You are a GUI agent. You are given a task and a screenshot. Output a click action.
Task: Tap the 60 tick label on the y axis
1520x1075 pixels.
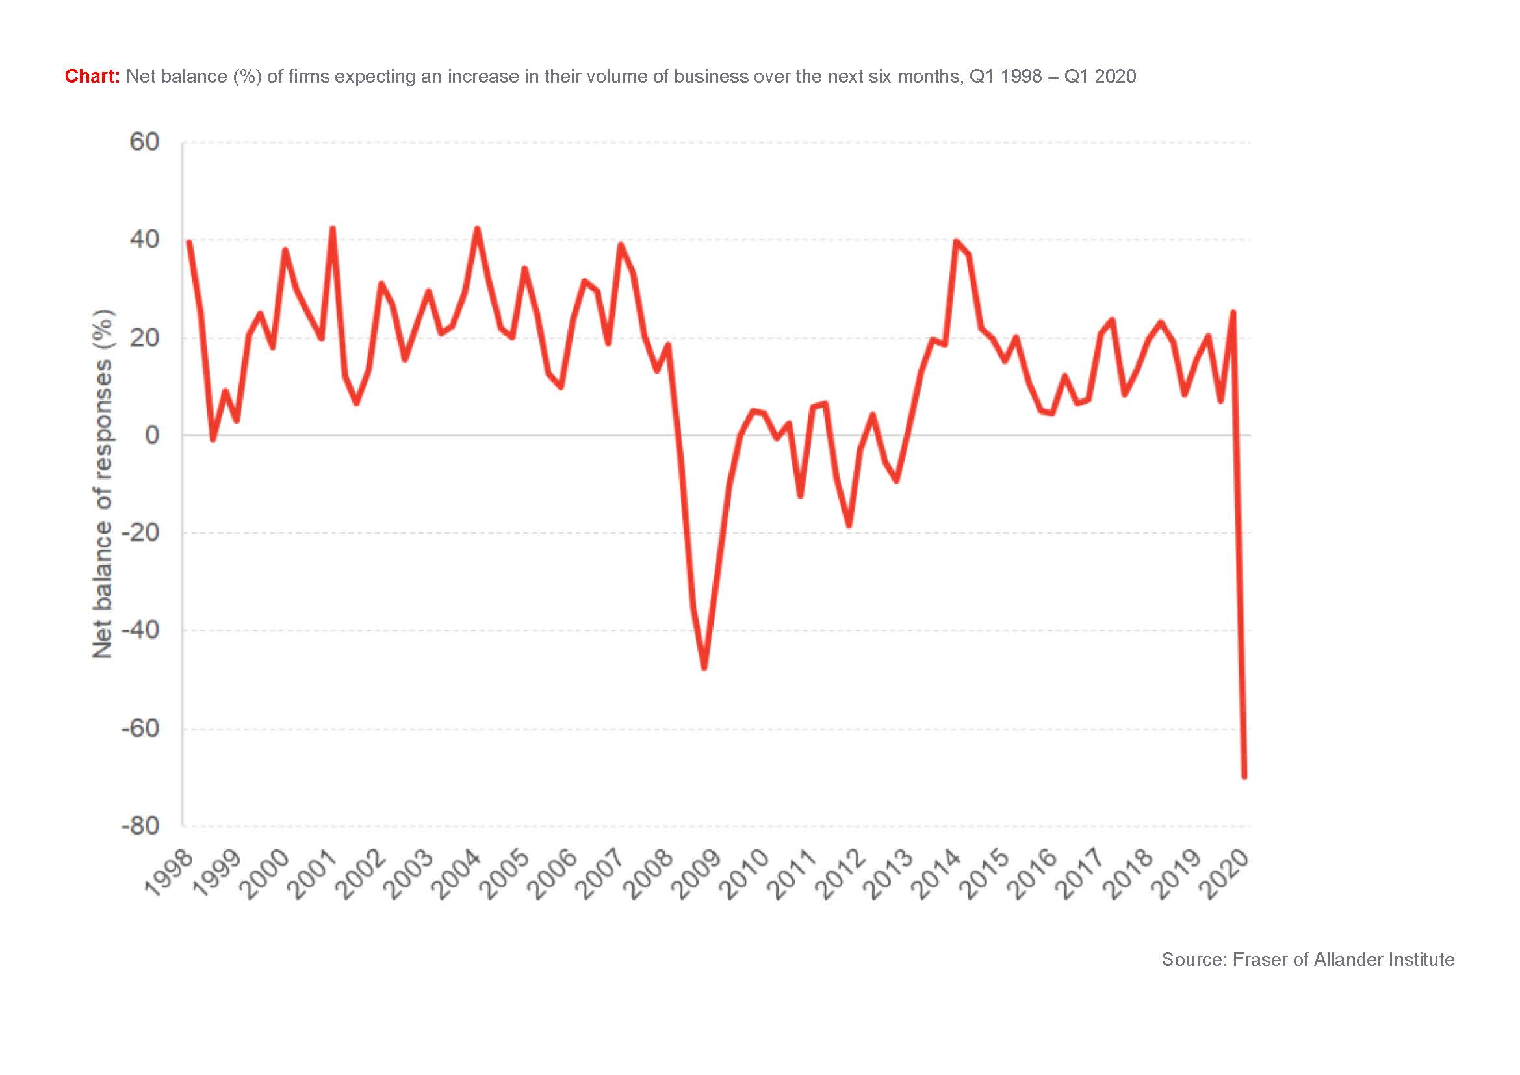(144, 142)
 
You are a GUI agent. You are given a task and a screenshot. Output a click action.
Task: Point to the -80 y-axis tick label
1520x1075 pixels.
(140, 826)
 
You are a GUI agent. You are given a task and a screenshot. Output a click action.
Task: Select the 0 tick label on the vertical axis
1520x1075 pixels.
(152, 435)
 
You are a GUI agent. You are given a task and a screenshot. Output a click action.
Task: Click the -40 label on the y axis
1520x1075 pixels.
(140, 630)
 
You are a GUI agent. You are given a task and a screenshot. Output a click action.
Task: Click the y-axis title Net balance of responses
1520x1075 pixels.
(103, 485)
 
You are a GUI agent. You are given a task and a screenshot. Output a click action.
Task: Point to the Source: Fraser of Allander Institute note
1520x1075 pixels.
(1308, 959)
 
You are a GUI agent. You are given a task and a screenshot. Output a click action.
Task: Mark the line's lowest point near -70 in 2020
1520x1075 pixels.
(1244, 776)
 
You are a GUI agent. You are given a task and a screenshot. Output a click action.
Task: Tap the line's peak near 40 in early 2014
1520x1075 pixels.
(956, 241)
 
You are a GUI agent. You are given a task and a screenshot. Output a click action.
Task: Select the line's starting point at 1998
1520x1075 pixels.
(188, 242)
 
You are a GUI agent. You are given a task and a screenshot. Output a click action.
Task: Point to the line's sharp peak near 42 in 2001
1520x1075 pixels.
(332, 229)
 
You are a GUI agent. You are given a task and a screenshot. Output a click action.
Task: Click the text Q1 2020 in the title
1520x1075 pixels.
(1100, 77)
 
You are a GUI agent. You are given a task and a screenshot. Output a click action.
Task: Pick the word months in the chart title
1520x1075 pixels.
(931, 77)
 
